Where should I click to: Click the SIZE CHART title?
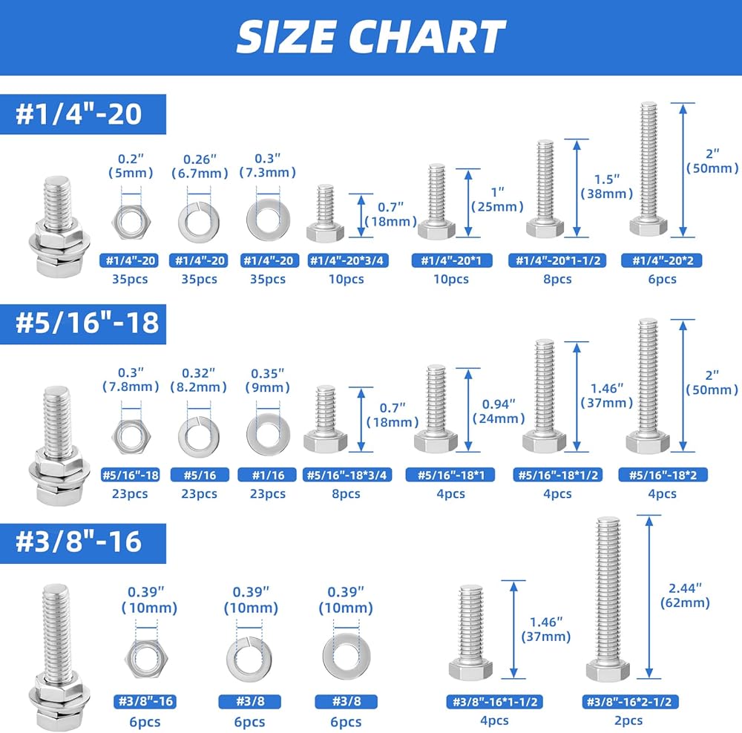point(371,37)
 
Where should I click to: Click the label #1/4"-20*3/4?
point(347,260)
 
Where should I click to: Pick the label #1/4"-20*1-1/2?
point(557,260)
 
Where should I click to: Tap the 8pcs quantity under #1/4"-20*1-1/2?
point(557,279)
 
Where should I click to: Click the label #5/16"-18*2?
point(663,475)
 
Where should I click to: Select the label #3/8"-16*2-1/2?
point(630,701)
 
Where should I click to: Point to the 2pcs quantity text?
point(628,720)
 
